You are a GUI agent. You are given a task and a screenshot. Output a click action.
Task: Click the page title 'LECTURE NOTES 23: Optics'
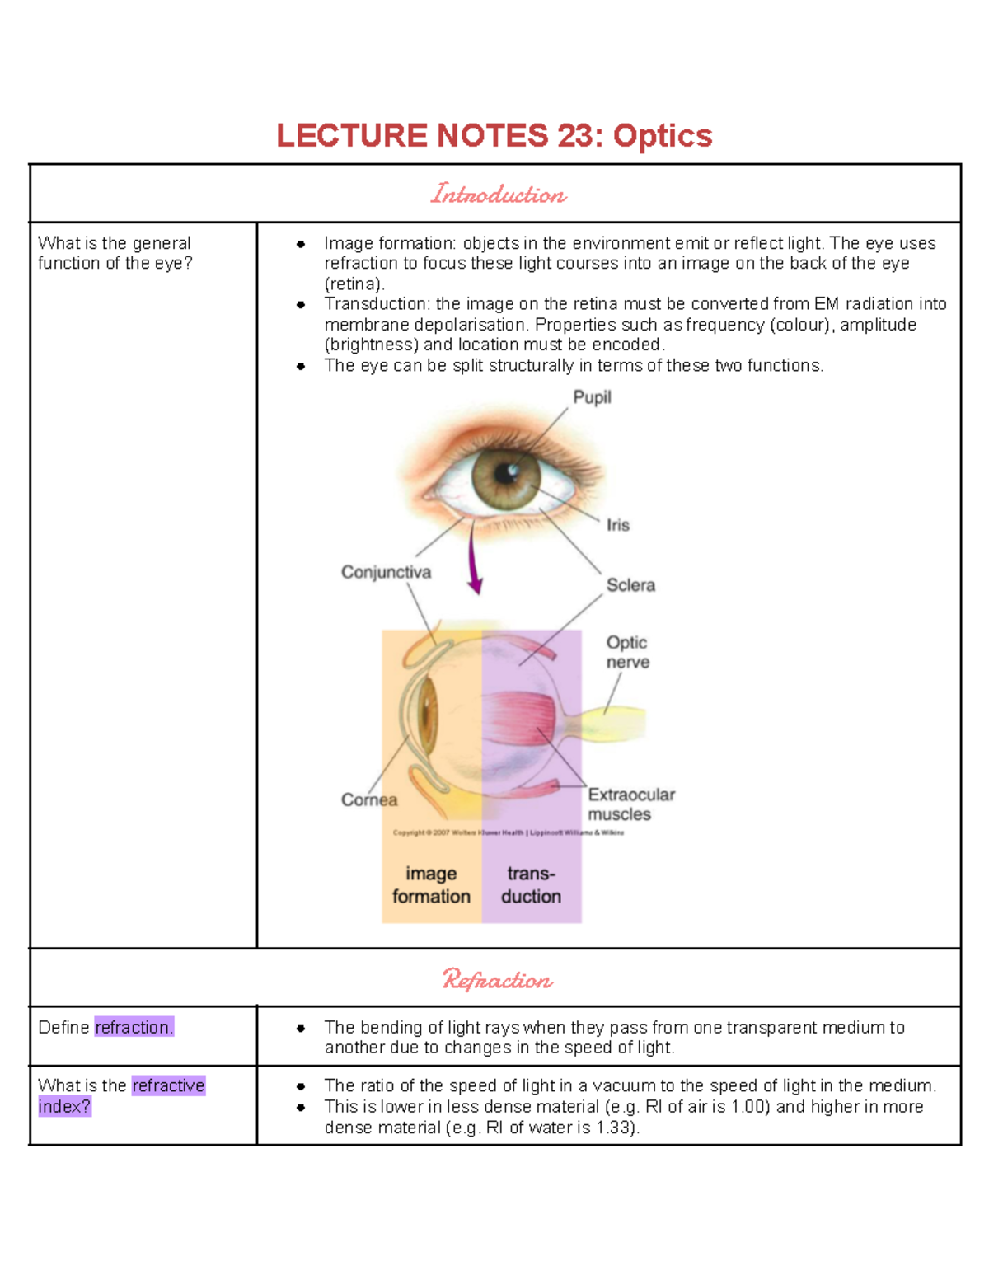click(x=494, y=136)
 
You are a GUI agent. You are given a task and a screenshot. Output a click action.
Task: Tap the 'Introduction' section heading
click(x=498, y=195)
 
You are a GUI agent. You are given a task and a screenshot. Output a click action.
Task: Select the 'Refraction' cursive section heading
click(x=497, y=979)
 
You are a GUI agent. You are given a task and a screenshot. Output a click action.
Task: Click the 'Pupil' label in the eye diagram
click(x=592, y=397)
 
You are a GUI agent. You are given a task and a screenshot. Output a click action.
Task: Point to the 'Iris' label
click(x=617, y=525)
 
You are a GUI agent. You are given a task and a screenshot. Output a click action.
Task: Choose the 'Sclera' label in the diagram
click(x=630, y=585)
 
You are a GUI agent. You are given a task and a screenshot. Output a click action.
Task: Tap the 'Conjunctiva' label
click(x=386, y=572)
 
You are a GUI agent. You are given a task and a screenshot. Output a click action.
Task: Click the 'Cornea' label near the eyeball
click(x=368, y=799)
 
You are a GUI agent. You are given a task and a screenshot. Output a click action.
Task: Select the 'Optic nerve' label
click(x=627, y=652)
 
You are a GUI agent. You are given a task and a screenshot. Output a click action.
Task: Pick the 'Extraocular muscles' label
click(x=630, y=804)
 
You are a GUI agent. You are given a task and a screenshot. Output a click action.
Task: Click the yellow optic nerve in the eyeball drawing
click(x=614, y=724)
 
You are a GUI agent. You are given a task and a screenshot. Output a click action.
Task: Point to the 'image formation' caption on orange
click(x=431, y=885)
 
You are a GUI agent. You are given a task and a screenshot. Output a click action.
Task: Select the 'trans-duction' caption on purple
click(x=531, y=885)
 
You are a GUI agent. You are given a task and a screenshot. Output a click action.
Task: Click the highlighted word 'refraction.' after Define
click(x=134, y=1027)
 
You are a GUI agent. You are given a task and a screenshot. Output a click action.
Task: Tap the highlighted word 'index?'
click(x=64, y=1106)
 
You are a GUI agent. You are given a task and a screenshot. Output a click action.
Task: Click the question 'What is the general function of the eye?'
click(x=115, y=253)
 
